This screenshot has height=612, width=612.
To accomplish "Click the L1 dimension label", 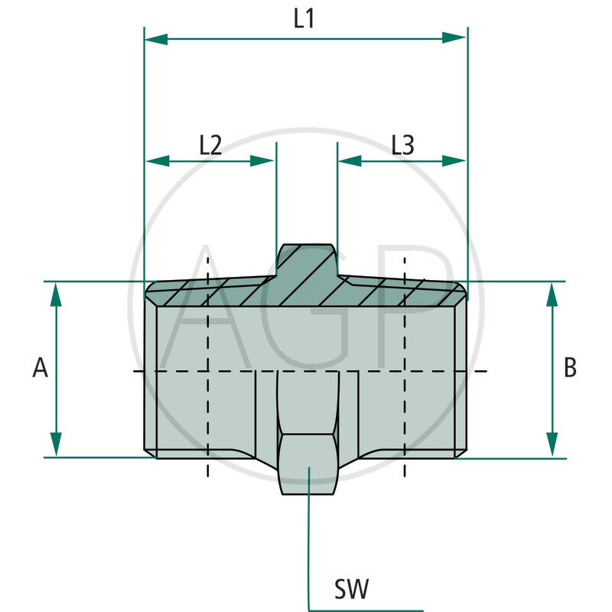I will click(304, 18).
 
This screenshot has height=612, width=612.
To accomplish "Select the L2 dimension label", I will click(210, 145).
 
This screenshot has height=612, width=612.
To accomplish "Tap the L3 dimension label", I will click(402, 145).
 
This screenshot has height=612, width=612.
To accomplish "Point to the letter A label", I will click(40, 369).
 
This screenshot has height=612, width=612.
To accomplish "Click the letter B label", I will click(570, 368).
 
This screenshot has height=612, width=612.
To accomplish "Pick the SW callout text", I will click(352, 589).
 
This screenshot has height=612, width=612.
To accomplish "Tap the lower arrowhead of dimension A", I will click(56, 444).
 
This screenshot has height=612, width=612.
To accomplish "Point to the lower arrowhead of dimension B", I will click(552, 445).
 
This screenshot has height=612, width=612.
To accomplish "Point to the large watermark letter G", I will click(306, 306).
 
